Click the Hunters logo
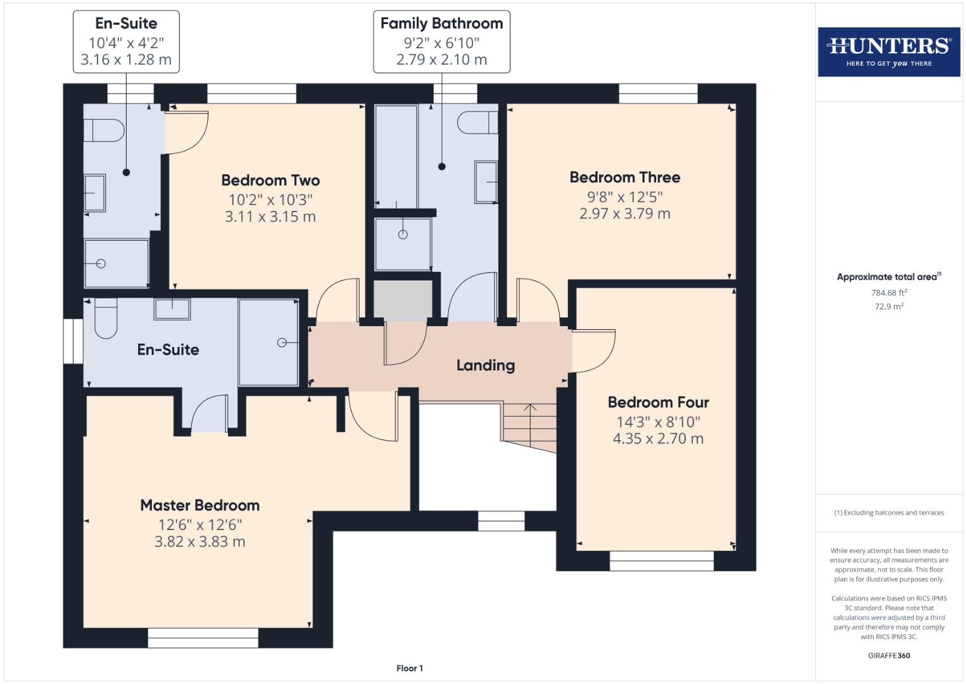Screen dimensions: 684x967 888,51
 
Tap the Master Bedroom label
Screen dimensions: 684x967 199,505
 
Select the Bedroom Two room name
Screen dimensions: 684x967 270,180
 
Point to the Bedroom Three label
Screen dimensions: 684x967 624,177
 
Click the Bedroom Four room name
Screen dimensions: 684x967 658,402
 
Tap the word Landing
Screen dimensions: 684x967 485,365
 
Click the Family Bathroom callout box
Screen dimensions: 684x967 441,42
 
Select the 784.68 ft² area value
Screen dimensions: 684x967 888,293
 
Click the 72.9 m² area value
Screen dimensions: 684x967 888,307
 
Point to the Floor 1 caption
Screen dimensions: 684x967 409,668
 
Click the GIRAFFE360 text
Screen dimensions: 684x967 888,655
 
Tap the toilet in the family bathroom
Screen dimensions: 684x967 477,123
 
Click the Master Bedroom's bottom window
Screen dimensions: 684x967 203,638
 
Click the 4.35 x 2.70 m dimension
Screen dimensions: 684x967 658,438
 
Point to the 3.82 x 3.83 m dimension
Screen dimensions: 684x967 199,541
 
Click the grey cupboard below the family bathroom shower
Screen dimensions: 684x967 403,299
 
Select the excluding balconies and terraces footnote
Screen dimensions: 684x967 888,512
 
